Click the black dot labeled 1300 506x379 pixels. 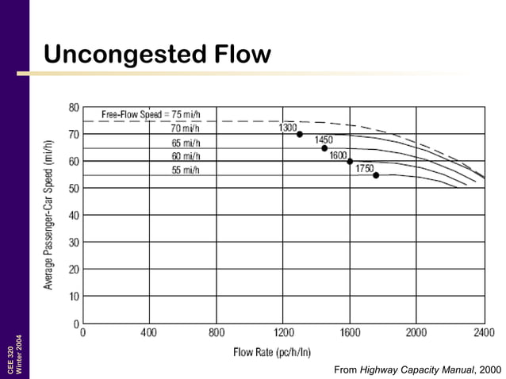[300, 134]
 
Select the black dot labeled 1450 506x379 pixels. [324, 148]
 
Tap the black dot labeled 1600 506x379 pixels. [350, 162]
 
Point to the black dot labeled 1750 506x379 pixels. [376, 175]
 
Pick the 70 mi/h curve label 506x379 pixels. [185, 128]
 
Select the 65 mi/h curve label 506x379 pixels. [185, 143]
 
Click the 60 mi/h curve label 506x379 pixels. [185, 156]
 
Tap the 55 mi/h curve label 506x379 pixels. [185, 170]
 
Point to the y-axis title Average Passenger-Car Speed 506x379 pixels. [49, 214]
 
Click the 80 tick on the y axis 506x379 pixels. [74, 107]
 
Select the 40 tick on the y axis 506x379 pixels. [74, 215]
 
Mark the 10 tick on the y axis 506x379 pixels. [74, 297]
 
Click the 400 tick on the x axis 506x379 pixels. [148, 332]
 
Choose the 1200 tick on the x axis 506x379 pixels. [284, 332]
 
